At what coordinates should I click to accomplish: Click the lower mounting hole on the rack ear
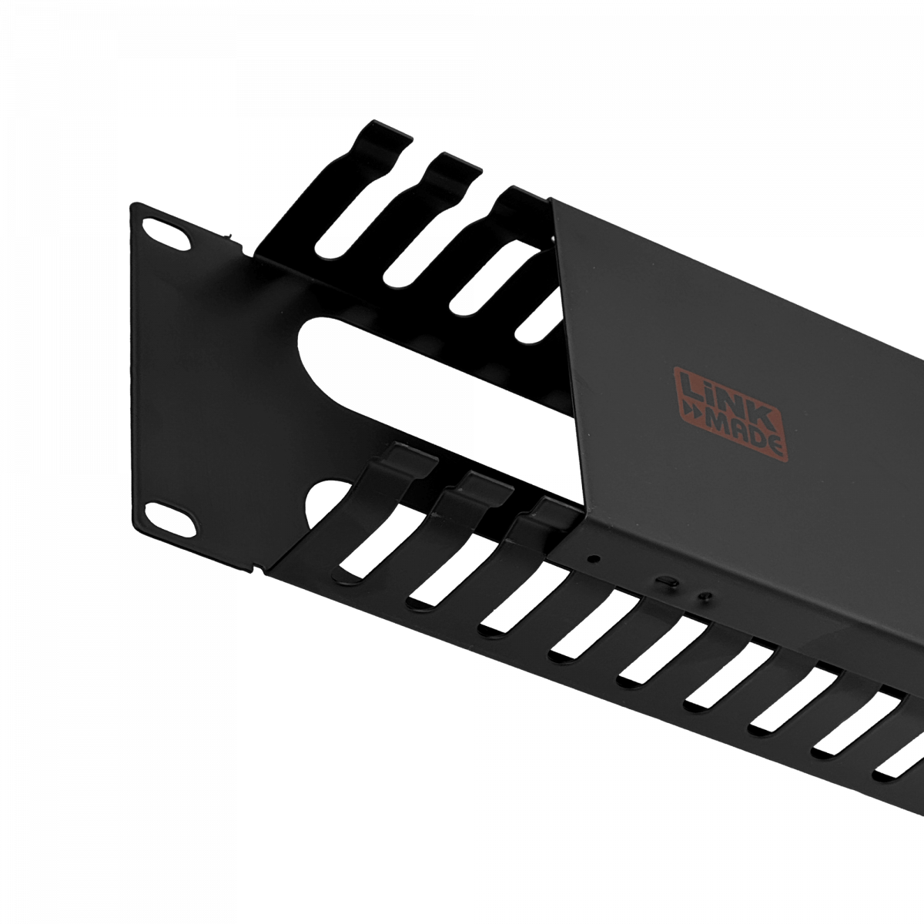coord(169,514)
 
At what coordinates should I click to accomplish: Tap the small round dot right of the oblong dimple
coord(703,595)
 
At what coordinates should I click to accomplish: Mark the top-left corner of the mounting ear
coord(133,203)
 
